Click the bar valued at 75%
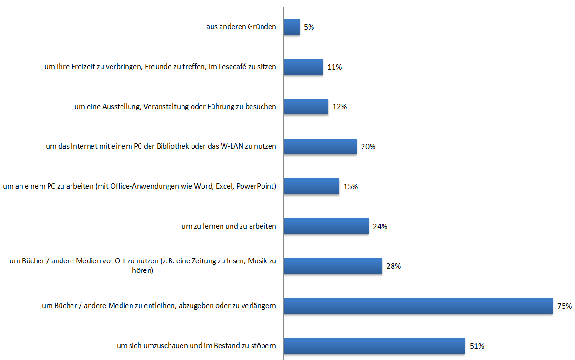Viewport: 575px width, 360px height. (418, 306)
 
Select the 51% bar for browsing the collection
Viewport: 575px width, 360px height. (374, 346)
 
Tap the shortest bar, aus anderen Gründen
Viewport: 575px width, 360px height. (292, 27)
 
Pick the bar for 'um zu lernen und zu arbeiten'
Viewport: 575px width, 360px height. (326, 226)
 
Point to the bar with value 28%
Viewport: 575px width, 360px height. (333, 266)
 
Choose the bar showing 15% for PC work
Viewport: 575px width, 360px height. (311, 186)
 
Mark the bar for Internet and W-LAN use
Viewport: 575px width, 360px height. (320, 146)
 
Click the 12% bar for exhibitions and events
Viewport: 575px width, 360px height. (306, 107)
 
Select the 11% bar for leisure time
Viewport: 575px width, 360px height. (303, 67)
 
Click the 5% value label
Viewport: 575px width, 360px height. (309, 27)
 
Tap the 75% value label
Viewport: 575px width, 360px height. (564, 306)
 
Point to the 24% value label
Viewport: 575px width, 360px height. (380, 227)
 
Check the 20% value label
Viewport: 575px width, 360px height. (368, 147)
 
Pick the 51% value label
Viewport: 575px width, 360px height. (477, 346)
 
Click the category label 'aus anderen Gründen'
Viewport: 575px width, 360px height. (241, 27)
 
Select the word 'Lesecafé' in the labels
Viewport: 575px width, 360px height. (233, 67)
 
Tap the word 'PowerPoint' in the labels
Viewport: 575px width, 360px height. (258, 186)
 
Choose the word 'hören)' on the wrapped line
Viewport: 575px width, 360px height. (143, 270)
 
